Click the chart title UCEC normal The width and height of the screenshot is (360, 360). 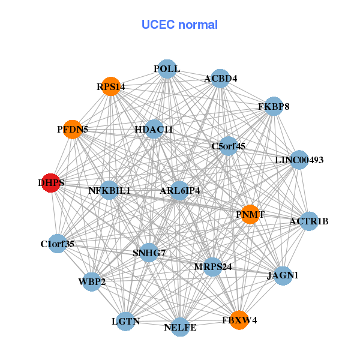pyautogui.click(x=179, y=25)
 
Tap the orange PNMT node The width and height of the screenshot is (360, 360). pyautogui.click(x=251, y=214)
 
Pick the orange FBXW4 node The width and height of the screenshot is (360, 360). pyautogui.click(x=239, y=319)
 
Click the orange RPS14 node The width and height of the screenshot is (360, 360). pyautogui.click(x=110, y=86)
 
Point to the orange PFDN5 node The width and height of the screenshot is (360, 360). pyautogui.click(x=73, y=130)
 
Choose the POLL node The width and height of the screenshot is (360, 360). pyautogui.click(x=167, y=69)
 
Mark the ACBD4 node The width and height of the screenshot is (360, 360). pyautogui.click(x=220, y=79)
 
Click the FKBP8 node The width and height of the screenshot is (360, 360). pyautogui.click(x=274, y=107)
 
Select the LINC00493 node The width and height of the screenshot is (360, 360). pyautogui.click(x=299, y=160)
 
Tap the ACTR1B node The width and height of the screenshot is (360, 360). pyautogui.click(x=308, y=221)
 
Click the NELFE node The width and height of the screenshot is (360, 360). pyautogui.click(x=180, y=327)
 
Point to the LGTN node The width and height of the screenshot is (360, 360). pyautogui.click(x=126, y=322)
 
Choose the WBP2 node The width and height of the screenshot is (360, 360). pyautogui.click(x=91, y=281)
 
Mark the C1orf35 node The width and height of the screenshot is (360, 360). pyautogui.click(x=58, y=244)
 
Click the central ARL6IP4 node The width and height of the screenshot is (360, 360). pyautogui.click(x=180, y=191)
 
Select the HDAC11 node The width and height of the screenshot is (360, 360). pyautogui.click(x=154, y=129)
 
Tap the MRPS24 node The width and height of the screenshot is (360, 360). pyautogui.click(x=213, y=266)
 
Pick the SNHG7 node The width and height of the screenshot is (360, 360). pyautogui.click(x=149, y=253)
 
